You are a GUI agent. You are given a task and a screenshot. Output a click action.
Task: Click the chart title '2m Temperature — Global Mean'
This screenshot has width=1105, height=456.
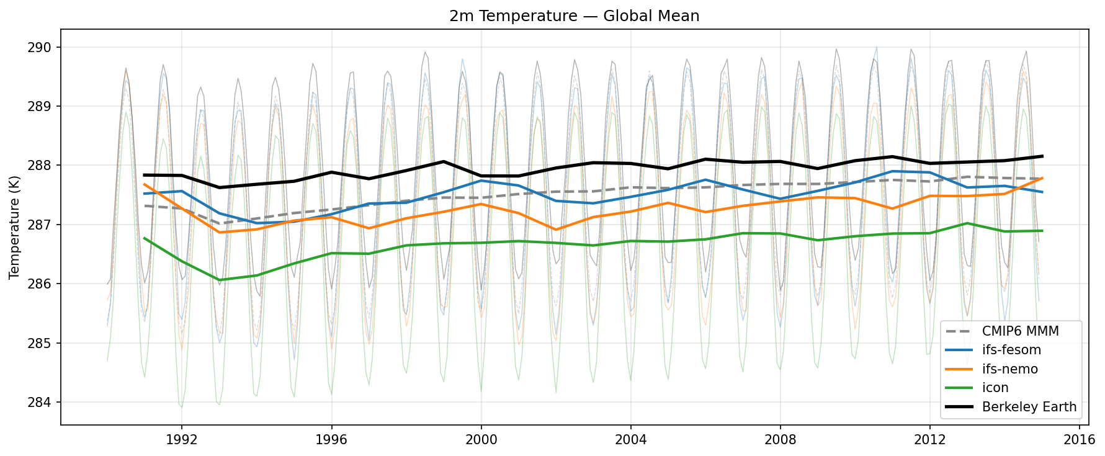point(574,16)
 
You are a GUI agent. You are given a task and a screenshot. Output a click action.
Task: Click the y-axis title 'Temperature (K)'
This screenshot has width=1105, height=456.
point(14,228)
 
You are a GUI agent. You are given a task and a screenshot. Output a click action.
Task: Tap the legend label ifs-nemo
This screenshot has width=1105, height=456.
point(1009,369)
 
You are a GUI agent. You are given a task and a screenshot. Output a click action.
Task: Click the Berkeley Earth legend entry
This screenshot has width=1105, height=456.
point(1029,407)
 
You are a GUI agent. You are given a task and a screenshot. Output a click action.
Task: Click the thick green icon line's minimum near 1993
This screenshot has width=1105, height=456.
point(219,280)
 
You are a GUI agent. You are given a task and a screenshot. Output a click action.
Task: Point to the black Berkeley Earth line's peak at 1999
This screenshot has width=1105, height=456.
point(444,161)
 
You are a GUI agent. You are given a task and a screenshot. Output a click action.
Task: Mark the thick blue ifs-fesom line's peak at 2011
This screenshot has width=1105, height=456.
point(892,171)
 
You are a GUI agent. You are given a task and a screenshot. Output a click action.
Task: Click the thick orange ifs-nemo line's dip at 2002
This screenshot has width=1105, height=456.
point(556,230)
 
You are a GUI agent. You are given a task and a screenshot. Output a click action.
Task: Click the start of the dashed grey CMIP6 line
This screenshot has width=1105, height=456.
point(144,206)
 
